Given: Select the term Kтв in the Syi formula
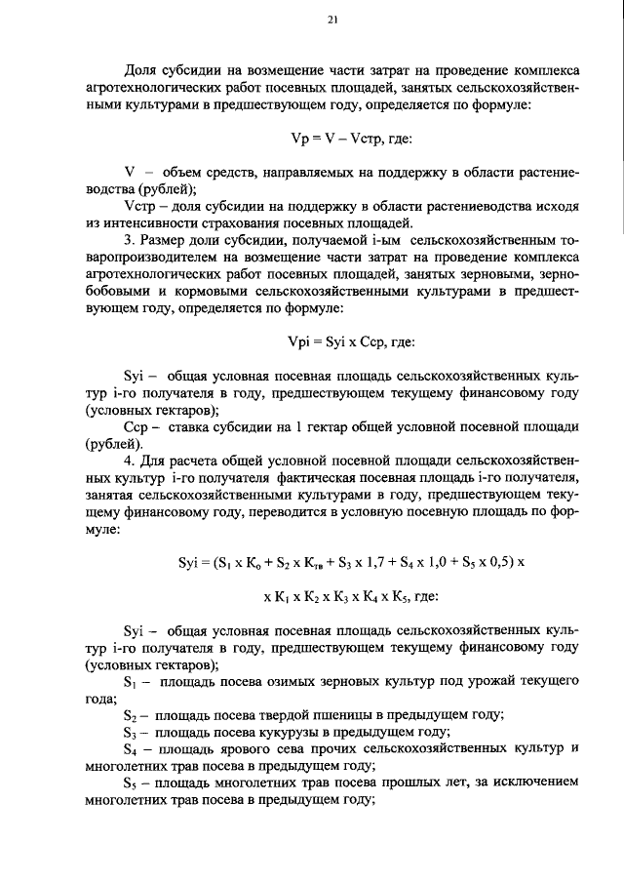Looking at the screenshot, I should (x=317, y=564).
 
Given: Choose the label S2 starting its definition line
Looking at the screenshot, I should (x=130, y=715).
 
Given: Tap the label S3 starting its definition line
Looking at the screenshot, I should (x=130, y=732).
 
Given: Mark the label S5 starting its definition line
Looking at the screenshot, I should (x=130, y=783).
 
